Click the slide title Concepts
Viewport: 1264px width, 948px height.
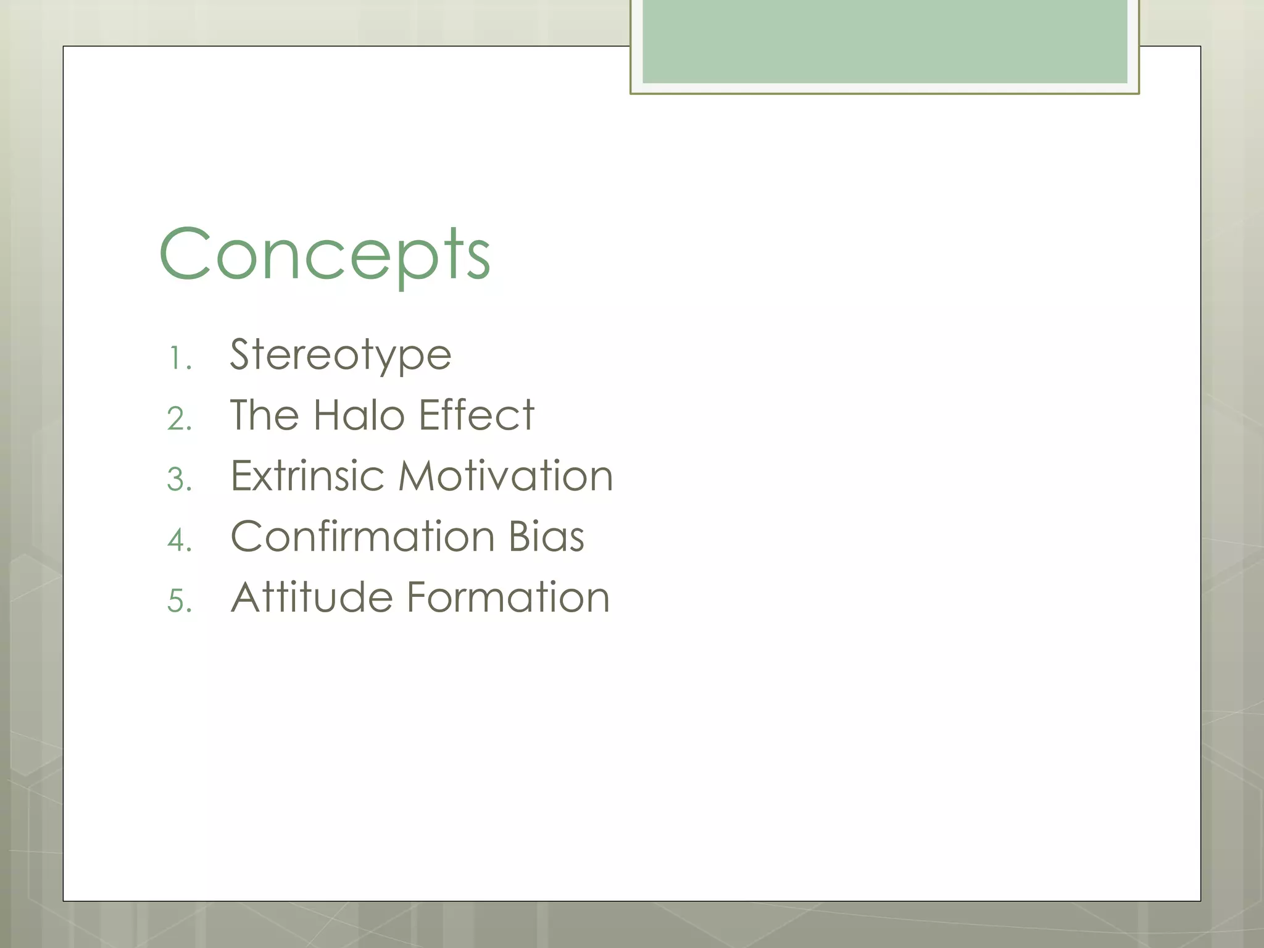(325, 254)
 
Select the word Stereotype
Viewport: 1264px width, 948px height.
(341, 355)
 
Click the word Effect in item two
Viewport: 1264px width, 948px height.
(476, 415)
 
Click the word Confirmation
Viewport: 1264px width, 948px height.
(362, 536)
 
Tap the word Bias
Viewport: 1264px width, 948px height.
(546, 536)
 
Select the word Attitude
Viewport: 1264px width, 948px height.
(312, 597)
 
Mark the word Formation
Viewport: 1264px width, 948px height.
(508, 597)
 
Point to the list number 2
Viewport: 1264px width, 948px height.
(178, 419)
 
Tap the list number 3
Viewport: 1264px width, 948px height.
(178, 480)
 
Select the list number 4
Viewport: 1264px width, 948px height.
(178, 540)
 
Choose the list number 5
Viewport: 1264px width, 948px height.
(178, 601)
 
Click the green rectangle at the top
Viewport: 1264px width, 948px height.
(884, 41)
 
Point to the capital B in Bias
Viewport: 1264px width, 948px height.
(518, 536)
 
